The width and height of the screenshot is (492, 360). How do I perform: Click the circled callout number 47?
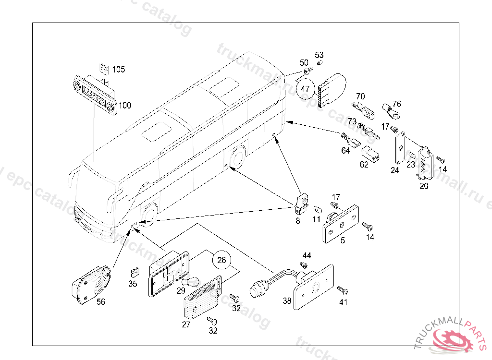click(305, 89)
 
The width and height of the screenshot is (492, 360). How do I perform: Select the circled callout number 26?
click(221, 261)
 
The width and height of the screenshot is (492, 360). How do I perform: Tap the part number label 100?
click(125, 105)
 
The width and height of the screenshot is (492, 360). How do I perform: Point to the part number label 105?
click(119, 70)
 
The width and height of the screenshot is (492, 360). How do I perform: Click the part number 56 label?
click(101, 302)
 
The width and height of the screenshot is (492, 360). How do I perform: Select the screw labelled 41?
click(342, 290)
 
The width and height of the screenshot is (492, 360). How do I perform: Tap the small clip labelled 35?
click(135, 273)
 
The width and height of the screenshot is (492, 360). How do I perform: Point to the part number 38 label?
click(287, 301)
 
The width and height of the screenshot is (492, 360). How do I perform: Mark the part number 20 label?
click(424, 186)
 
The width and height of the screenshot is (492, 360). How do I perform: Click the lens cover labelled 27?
click(202, 297)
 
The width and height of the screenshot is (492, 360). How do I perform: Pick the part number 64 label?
click(345, 151)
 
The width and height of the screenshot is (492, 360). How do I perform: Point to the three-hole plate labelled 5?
click(341, 223)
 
